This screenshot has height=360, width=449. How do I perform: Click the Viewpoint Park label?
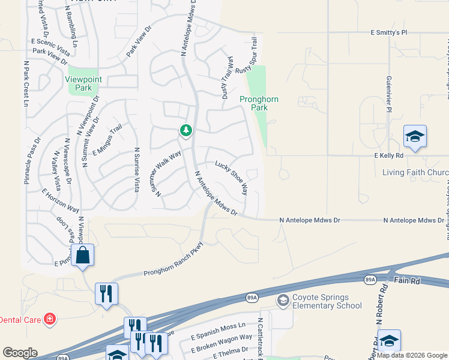pos(83,83)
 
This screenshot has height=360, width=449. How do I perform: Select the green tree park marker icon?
pos(186,130)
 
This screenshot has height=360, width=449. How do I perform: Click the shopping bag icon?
pos(82,255)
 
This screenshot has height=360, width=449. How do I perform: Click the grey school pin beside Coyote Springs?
pos(283,299)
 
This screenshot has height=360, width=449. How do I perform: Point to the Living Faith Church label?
pos(415,173)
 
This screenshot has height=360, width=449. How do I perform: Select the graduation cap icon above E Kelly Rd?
pos(415,137)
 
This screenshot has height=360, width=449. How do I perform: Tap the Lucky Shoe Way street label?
pos(232,177)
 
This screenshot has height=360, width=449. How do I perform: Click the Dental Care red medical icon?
pos(50,319)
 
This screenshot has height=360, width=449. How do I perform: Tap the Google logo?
pos(20,353)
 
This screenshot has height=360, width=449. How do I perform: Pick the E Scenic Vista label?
pos(51,42)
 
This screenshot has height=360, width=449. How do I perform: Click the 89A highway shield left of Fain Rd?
pos(369,280)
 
